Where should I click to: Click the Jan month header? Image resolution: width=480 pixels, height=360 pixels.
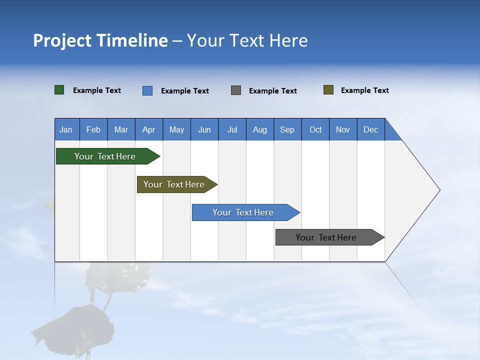66,129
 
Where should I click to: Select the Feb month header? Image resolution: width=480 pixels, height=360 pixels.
93,129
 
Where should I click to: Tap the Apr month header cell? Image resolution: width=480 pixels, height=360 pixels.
149,129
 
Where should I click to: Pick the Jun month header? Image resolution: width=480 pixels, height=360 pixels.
204,129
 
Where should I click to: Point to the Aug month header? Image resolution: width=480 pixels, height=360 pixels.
260,129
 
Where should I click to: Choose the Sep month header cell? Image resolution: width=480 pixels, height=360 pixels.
287,129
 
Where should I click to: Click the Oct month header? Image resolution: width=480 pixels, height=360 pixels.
315,129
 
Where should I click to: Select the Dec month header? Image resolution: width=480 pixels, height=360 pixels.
371,129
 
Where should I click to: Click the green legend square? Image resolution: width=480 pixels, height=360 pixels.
59,90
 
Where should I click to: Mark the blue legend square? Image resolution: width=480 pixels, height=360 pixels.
147,90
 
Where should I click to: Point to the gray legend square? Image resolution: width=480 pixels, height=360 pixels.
236,90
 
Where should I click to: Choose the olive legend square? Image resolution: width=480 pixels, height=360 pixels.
328,90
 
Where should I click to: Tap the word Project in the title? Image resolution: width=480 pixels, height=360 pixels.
62,40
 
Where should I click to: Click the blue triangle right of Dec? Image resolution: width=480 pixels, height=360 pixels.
391,133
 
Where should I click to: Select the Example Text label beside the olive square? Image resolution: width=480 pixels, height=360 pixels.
364,90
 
